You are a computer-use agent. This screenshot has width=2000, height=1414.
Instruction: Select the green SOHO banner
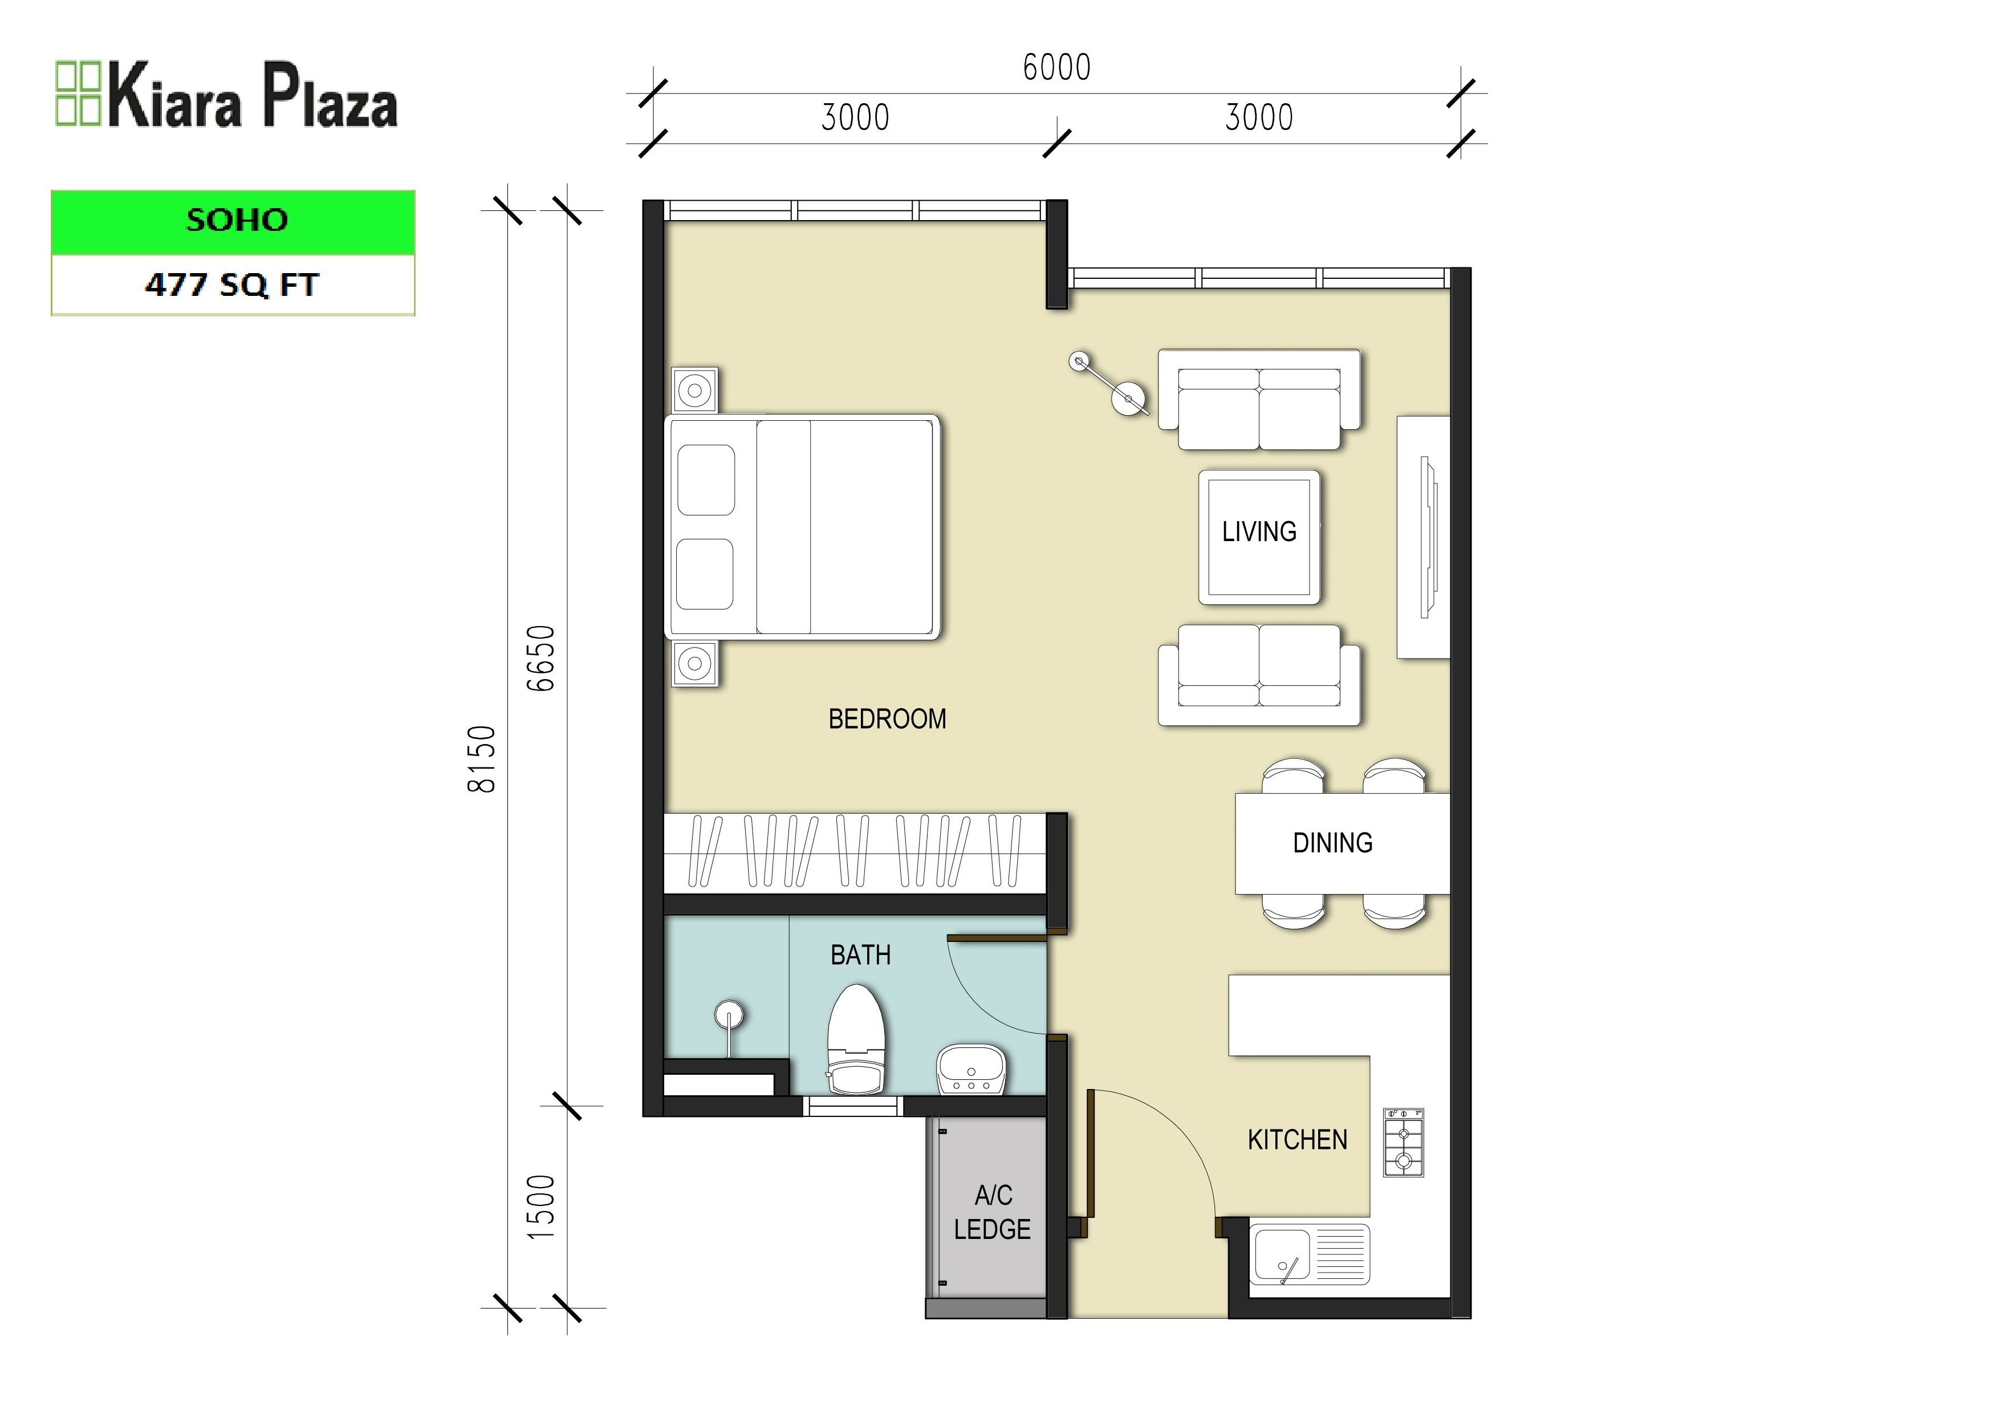tap(233, 221)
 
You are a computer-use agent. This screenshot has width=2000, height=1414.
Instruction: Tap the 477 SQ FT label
tap(233, 285)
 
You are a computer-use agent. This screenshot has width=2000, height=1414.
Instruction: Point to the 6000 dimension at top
tap(1056, 68)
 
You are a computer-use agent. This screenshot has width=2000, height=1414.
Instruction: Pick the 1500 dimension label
tap(541, 1206)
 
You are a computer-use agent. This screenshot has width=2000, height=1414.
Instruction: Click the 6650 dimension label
tap(541, 658)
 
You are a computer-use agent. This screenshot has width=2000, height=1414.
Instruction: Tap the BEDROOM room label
tap(887, 719)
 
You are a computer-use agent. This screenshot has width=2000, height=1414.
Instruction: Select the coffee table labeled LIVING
tap(1259, 536)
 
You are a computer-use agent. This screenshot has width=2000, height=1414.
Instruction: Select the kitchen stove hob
tap(1403, 1142)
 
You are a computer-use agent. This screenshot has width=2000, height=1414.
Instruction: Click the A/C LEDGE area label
tap(992, 1211)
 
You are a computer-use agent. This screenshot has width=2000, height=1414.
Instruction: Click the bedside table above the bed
tap(695, 391)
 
